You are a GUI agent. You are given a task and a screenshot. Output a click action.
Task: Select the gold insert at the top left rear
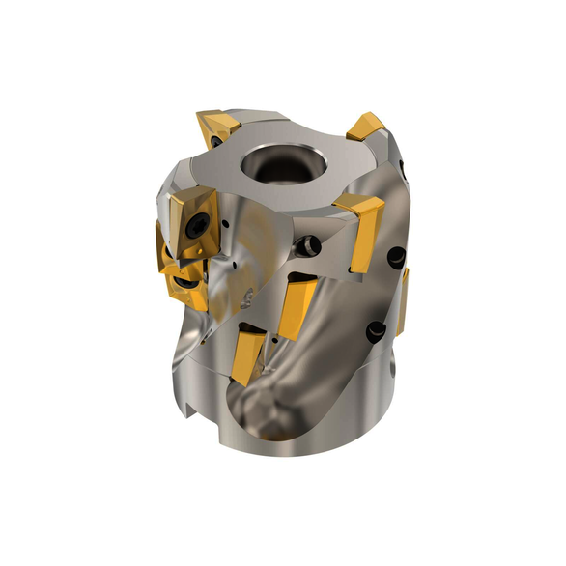pos(216,129)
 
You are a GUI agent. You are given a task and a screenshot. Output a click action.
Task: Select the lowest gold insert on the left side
pos(184,284)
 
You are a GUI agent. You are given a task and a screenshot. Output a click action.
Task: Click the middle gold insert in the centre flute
pos(297,305)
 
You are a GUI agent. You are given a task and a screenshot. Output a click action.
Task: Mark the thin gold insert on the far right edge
pos(402,300)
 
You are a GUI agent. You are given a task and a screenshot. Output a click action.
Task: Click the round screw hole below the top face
pos(307,246)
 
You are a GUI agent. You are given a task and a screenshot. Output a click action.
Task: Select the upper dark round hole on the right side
pos(396,258)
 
